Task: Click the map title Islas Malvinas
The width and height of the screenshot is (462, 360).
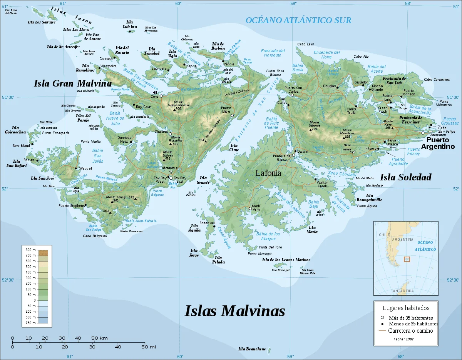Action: [x=235, y=311]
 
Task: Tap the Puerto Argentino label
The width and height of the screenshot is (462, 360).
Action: [x=437, y=143]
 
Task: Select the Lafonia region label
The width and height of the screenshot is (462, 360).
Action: [x=268, y=173]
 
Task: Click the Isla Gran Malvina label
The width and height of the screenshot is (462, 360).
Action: [x=72, y=83]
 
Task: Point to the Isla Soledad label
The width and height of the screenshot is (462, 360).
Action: [x=405, y=177]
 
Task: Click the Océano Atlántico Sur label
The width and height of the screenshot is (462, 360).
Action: [x=298, y=20]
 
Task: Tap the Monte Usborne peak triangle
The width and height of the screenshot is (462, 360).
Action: [x=310, y=130]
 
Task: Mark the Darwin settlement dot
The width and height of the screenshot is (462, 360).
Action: [x=295, y=151]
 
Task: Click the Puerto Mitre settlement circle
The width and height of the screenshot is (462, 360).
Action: [x=232, y=115]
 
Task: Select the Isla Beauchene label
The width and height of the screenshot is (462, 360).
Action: [x=252, y=349]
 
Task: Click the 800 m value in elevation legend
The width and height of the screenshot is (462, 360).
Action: [x=31, y=250]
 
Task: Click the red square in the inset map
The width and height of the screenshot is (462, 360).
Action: [x=407, y=259]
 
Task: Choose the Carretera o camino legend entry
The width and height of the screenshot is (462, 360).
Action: [x=410, y=331]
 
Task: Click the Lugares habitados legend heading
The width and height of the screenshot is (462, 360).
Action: [x=406, y=308]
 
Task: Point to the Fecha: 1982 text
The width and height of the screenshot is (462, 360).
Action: [x=404, y=339]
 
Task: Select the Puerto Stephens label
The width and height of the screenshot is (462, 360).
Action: [x=71, y=206]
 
